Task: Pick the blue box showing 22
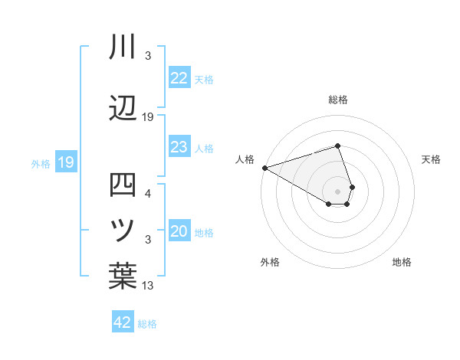point(179,78)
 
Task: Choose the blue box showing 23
point(179,147)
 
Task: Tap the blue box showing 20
point(179,232)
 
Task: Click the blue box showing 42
point(123,322)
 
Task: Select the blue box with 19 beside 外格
point(65,162)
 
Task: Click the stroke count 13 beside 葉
point(147,286)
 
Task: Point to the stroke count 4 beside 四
point(147,193)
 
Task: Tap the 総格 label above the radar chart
point(338,100)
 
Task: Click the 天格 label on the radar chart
point(432,159)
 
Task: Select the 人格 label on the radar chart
point(245,159)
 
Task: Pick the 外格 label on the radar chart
point(270,262)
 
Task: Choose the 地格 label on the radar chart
point(402,262)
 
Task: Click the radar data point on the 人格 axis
point(264,167)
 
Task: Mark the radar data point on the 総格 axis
point(338,146)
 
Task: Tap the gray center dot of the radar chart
point(338,191)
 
